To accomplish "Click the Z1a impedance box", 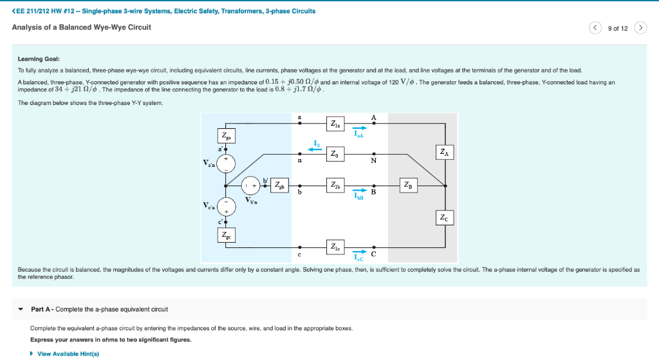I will pyautogui.click(x=336, y=124).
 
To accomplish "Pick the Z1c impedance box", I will pyautogui.click(x=336, y=247).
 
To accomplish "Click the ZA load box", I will pyautogui.click(x=445, y=153).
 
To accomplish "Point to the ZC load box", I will pyautogui.click(x=445, y=218).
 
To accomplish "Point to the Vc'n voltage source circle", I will pyautogui.click(x=225, y=207).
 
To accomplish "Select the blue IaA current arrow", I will pyautogui.click(x=359, y=128).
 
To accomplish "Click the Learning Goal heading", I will pyautogui.click(x=39, y=59).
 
